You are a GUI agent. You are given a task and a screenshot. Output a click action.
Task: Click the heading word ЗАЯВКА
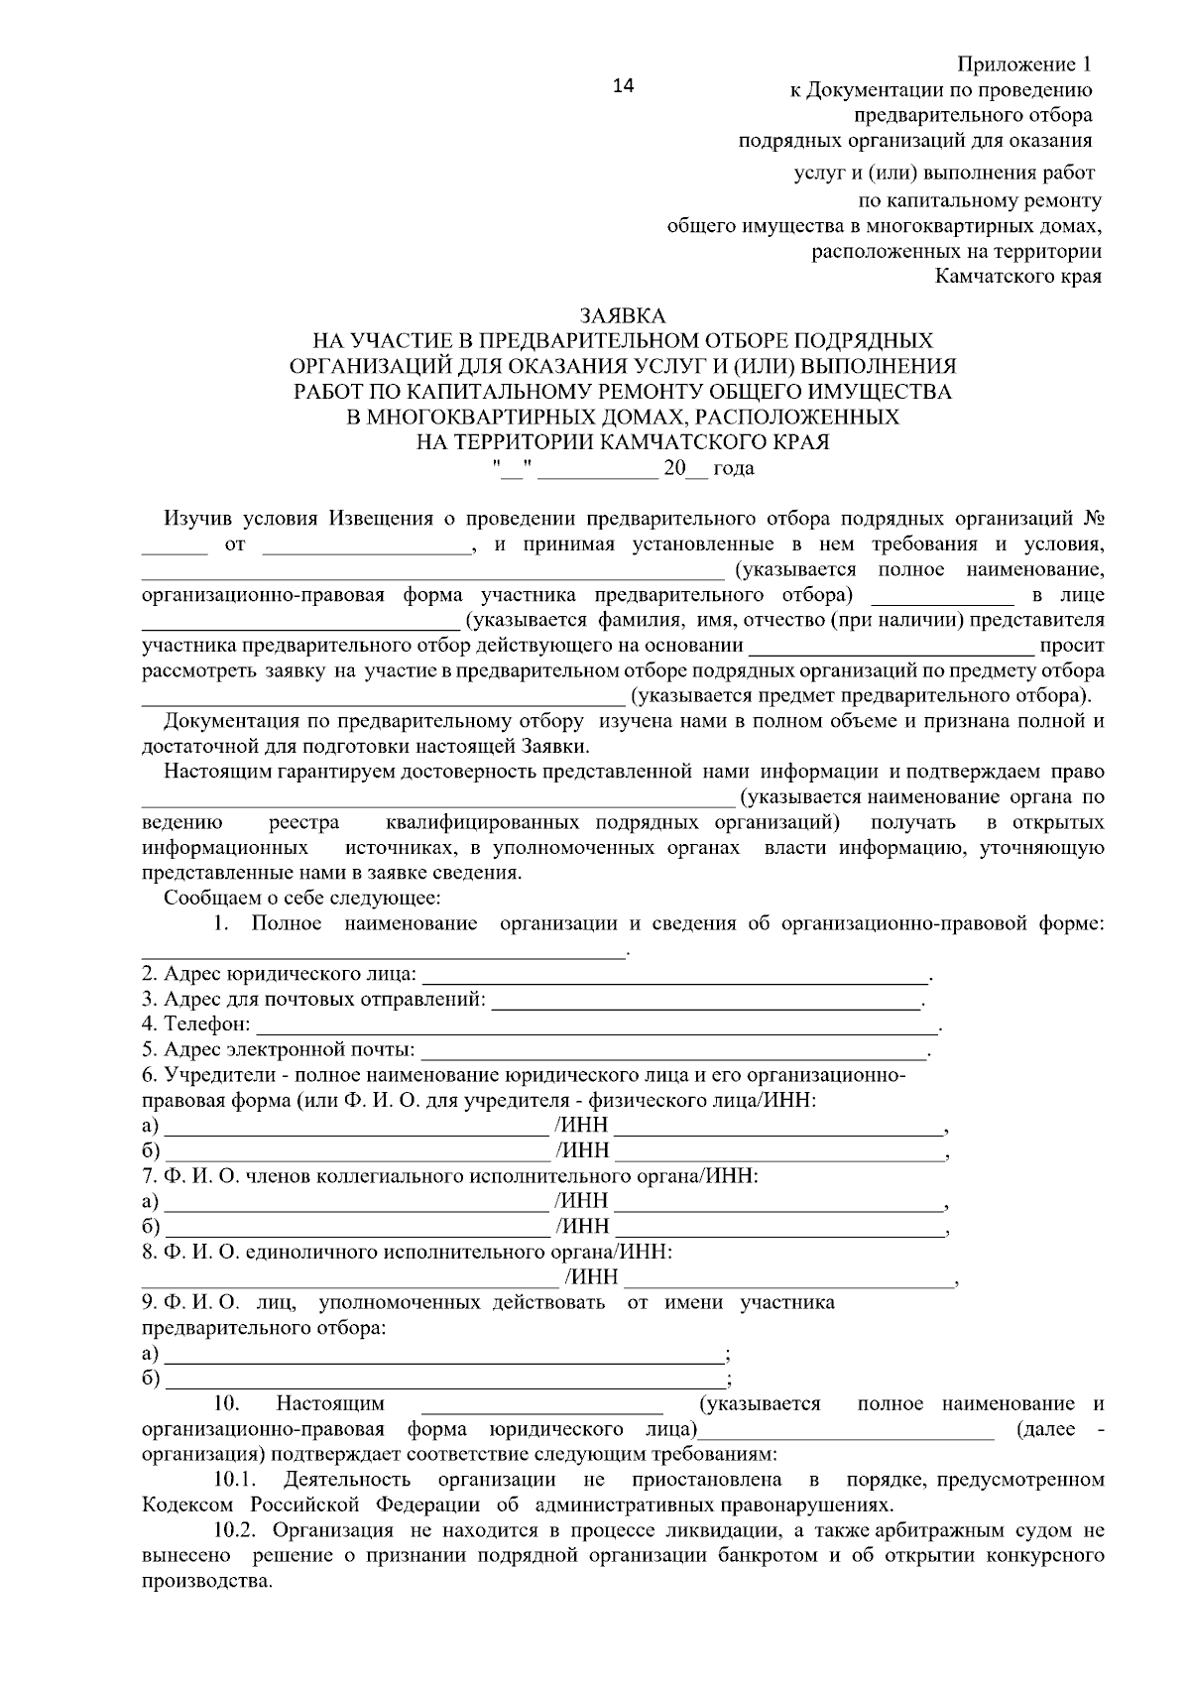[x=623, y=315]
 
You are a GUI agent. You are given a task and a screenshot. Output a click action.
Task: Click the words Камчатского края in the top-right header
[x=1018, y=276]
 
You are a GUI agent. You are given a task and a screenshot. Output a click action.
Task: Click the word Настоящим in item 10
[x=330, y=1404]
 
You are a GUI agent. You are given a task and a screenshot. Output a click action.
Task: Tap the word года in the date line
[x=734, y=468]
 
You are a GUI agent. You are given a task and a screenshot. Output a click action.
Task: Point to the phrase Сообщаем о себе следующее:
[x=302, y=899]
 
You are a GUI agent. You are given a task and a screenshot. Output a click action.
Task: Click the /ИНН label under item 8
[x=591, y=1276]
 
